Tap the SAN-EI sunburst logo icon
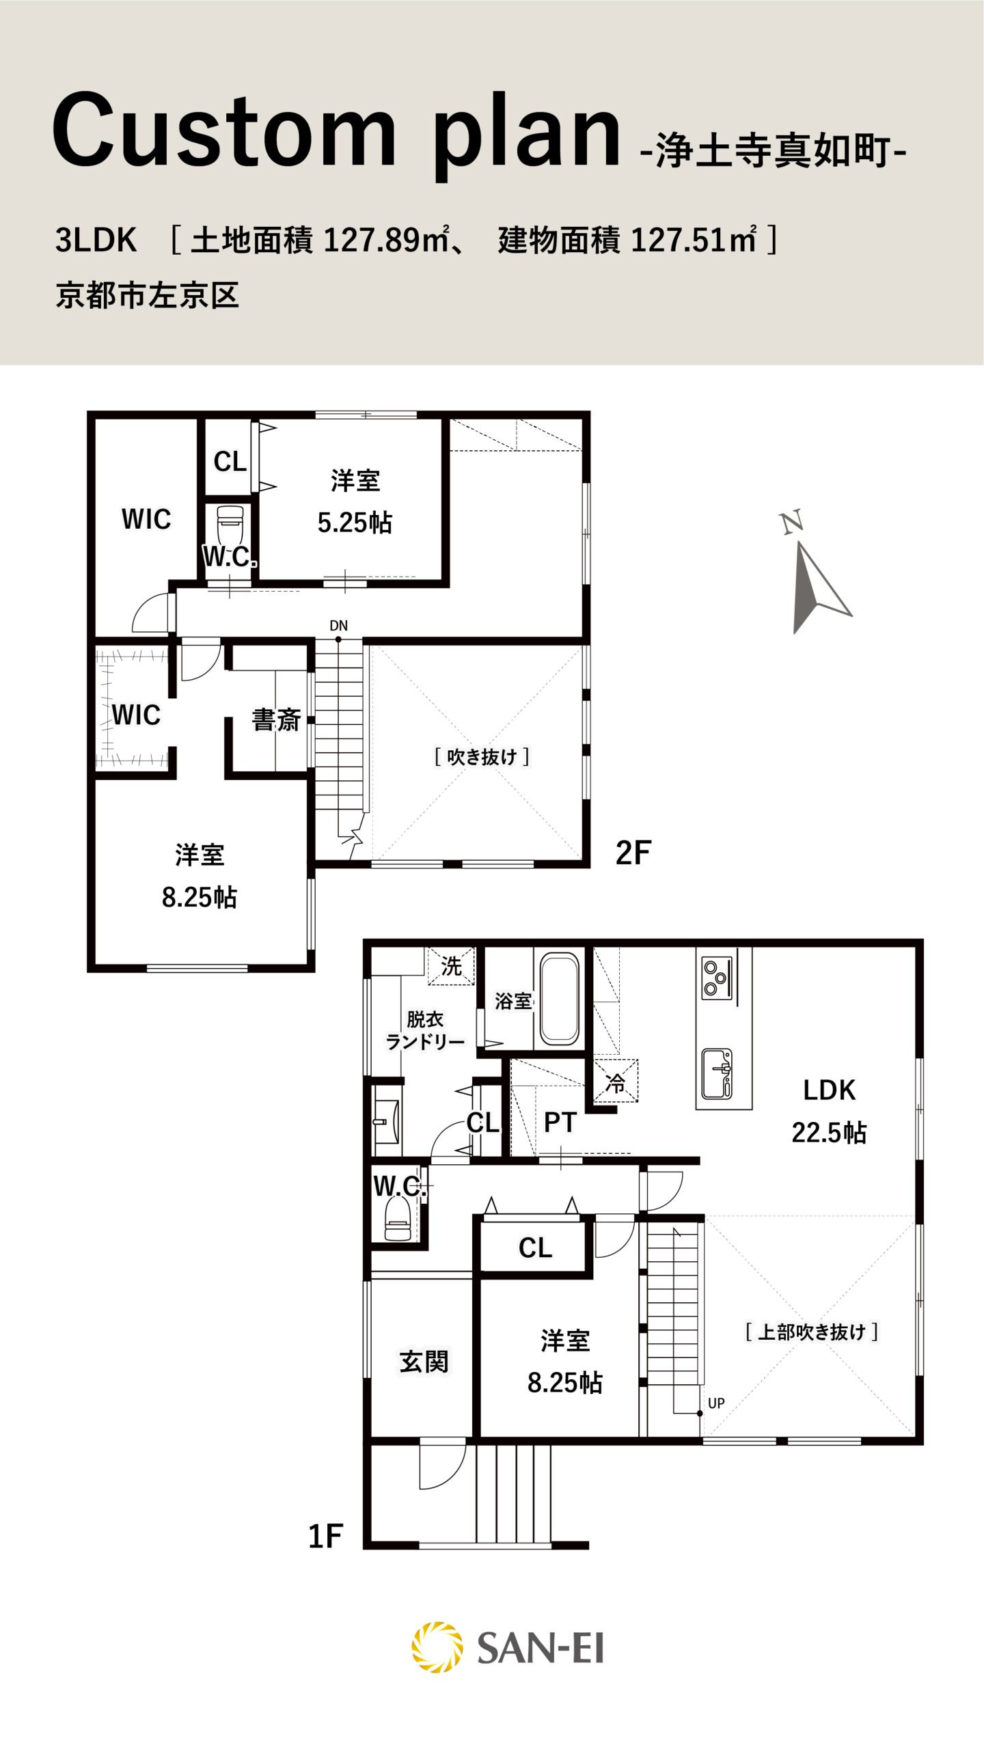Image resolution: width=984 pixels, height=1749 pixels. pyautogui.click(x=437, y=1647)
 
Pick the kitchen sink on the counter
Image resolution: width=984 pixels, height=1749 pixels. pyautogui.click(x=717, y=1073)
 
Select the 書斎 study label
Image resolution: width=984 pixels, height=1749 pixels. pyautogui.click(x=276, y=720)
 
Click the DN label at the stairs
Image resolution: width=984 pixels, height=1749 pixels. pyautogui.click(x=338, y=625)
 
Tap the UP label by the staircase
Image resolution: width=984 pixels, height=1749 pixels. pyautogui.click(x=716, y=1403)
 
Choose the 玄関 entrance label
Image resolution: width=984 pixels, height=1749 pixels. pyautogui.click(x=424, y=1362)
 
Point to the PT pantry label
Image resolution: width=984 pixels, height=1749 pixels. pyautogui.click(x=560, y=1123)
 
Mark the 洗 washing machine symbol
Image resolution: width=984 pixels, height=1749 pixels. pyautogui.click(x=451, y=966)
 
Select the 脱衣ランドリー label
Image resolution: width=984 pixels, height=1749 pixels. pyautogui.click(x=425, y=1030)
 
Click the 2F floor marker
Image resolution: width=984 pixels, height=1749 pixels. pyautogui.click(x=633, y=853)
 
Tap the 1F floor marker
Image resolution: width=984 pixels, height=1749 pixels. pyautogui.click(x=325, y=1537)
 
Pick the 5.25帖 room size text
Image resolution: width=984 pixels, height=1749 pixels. pyautogui.click(x=355, y=523)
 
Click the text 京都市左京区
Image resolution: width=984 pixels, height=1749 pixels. pyautogui.click(x=147, y=295)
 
